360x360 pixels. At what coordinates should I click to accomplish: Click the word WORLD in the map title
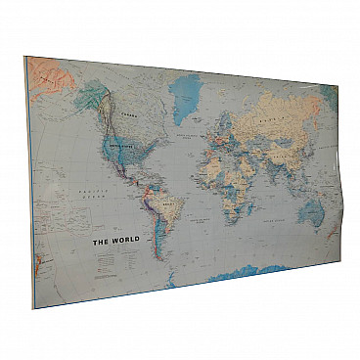point(125,240)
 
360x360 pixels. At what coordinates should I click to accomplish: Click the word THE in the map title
point(100,240)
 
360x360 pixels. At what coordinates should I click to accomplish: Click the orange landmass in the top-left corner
point(45,74)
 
